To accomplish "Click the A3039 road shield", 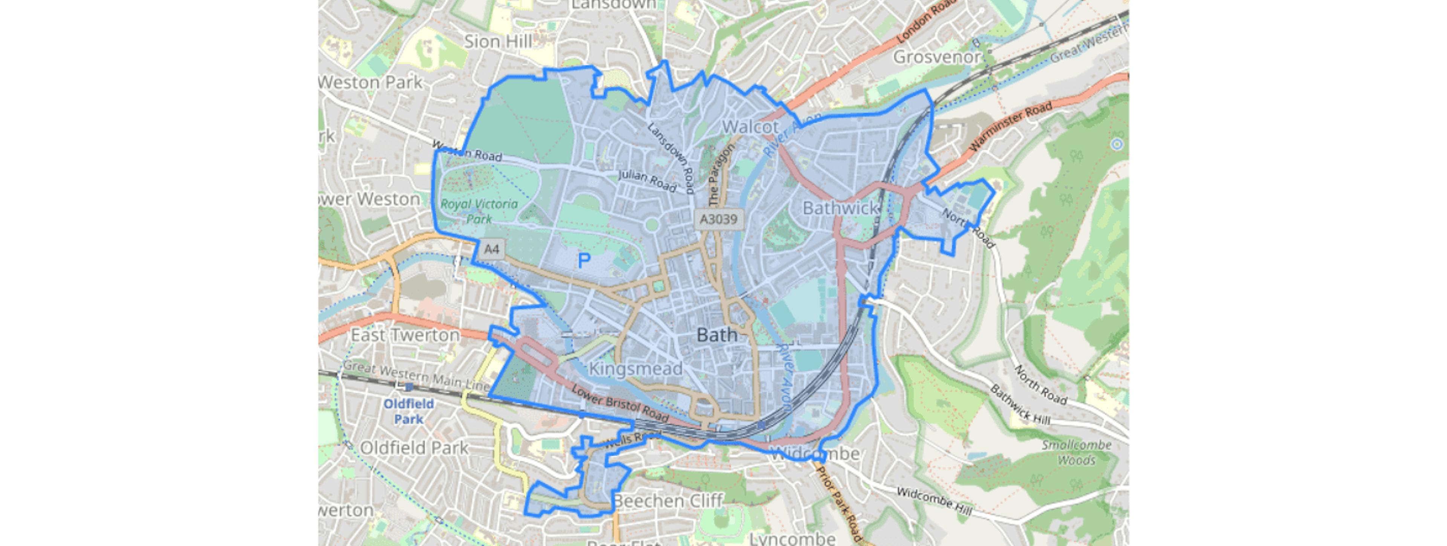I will point(719,219).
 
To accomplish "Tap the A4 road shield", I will point(491,249).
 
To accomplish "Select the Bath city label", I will point(717,335).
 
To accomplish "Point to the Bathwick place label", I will point(840,208).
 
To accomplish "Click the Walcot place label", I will point(751,127).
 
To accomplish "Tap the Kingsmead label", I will point(635,369).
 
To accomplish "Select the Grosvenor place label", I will point(937,57).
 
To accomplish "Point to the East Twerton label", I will point(405,335).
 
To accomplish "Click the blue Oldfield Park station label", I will point(408,411).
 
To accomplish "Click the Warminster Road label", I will point(1011,127).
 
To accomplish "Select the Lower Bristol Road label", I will point(620,403).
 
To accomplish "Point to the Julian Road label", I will point(647,181).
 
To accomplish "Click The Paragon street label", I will point(721,175).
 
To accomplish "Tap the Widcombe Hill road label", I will point(934,502).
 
